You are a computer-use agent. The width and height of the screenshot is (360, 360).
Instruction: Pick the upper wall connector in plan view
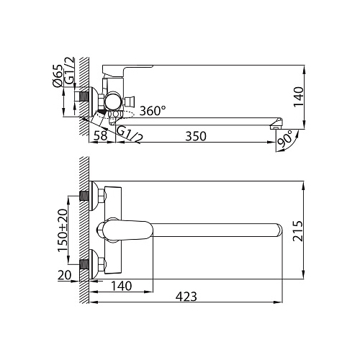[88, 195]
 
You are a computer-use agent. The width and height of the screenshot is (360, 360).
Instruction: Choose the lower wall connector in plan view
[88, 264]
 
